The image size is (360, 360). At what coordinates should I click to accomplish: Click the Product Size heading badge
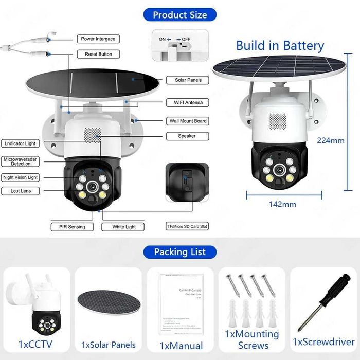(179, 14)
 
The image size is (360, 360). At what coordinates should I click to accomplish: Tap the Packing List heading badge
(179, 251)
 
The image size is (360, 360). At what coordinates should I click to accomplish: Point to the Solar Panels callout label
(188, 80)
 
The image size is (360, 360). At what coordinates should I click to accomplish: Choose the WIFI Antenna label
(188, 103)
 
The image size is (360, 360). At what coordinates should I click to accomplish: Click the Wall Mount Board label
(188, 121)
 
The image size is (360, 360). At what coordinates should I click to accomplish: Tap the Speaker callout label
(188, 136)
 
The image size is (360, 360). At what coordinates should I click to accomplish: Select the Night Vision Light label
(21, 177)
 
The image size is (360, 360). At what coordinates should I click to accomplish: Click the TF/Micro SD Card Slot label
(187, 226)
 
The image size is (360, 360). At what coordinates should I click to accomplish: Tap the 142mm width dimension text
(283, 204)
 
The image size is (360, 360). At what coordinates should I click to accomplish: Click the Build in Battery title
(280, 46)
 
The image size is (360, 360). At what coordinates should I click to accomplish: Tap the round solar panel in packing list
(107, 304)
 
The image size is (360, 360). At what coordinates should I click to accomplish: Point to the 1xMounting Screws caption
(252, 339)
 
